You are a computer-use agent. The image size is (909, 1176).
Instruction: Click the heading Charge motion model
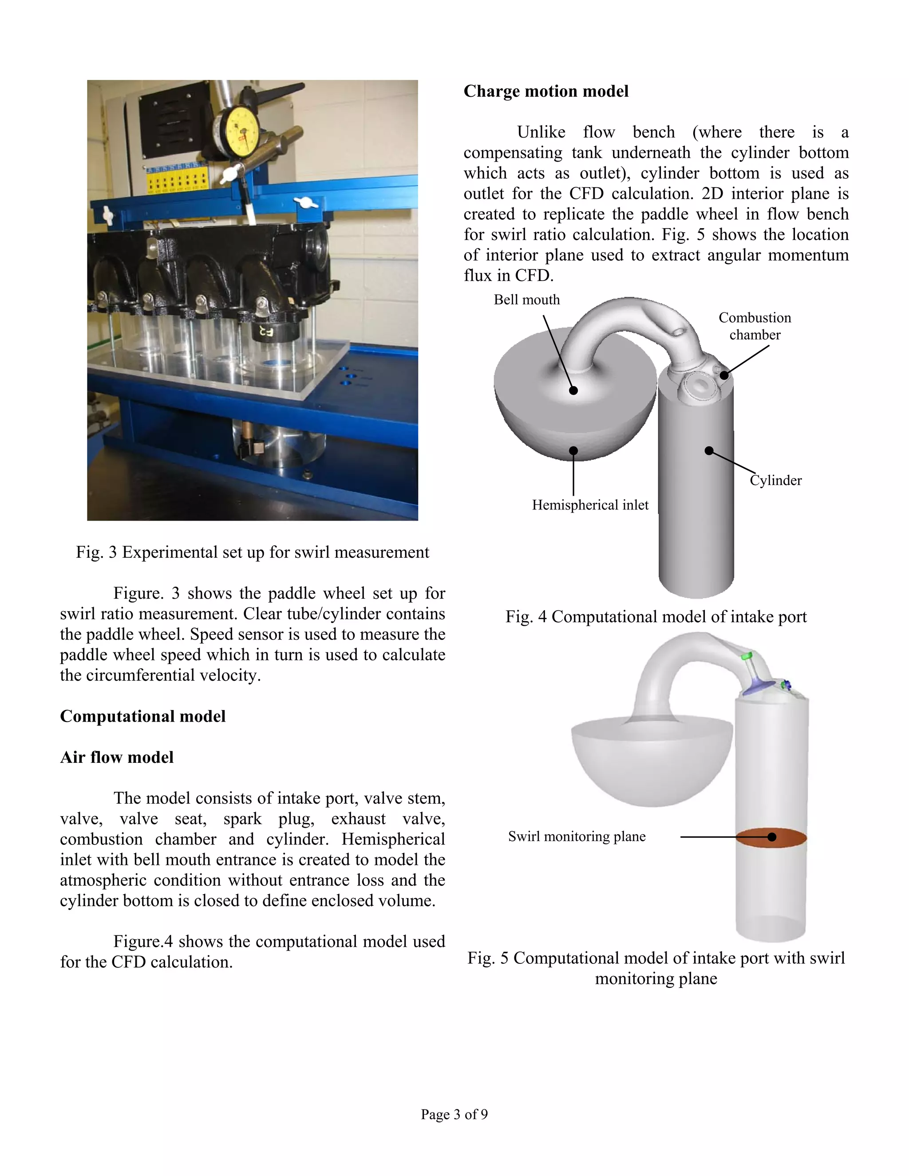(545, 91)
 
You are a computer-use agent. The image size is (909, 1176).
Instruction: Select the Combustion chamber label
(755, 326)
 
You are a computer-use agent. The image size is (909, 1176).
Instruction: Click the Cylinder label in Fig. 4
(775, 480)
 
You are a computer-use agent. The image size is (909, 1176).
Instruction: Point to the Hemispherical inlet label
(590, 505)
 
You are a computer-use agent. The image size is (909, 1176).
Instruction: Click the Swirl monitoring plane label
(576, 836)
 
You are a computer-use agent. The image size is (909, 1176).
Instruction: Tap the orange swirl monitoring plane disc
(771, 837)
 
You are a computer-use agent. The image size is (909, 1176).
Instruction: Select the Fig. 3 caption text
(252, 552)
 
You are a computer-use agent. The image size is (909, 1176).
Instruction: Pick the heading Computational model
(143, 716)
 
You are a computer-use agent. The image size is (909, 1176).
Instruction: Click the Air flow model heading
(117, 757)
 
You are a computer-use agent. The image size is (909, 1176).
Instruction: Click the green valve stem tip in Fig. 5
(747, 656)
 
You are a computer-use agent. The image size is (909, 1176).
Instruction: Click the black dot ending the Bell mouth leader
(573, 391)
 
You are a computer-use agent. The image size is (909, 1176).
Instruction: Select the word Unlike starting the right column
(541, 132)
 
